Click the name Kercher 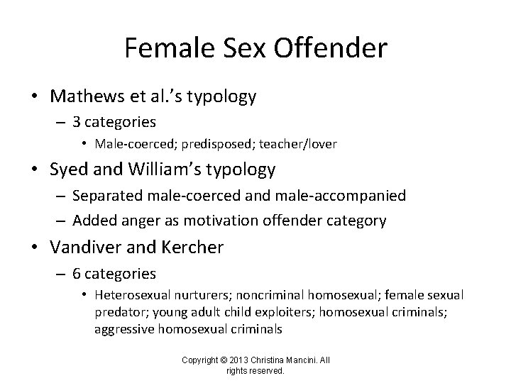click(190, 248)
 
